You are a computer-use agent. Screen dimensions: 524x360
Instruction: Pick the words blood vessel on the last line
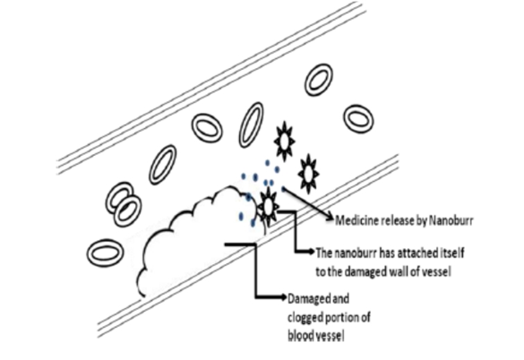(x=316, y=336)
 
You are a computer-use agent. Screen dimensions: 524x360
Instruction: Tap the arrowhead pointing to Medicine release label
(x=331, y=219)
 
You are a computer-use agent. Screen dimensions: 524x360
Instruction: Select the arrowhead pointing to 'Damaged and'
(x=283, y=296)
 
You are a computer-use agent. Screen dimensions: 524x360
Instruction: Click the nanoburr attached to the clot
(x=268, y=207)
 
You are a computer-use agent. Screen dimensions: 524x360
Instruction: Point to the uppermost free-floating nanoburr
(x=284, y=141)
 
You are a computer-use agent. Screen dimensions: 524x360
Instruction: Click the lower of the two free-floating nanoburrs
(x=308, y=174)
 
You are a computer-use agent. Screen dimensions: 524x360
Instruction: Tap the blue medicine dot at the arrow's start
(x=284, y=189)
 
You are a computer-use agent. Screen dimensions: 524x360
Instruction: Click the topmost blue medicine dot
(x=267, y=163)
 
